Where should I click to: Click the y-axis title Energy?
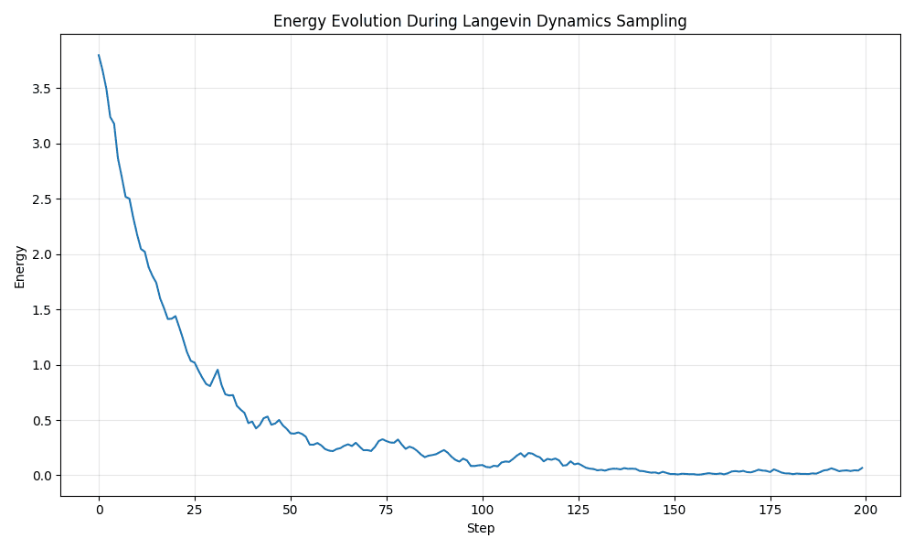point(20,266)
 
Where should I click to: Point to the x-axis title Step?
point(481,529)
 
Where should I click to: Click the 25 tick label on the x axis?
point(195,511)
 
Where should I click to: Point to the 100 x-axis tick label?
point(482,511)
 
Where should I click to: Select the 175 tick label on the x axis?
point(770,511)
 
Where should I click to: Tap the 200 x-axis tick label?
point(866,511)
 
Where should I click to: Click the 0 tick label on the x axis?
point(99,511)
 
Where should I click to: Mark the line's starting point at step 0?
point(99,55)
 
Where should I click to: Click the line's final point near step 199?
point(862,468)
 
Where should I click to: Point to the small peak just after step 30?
point(218,370)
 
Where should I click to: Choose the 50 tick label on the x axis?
point(291,511)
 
